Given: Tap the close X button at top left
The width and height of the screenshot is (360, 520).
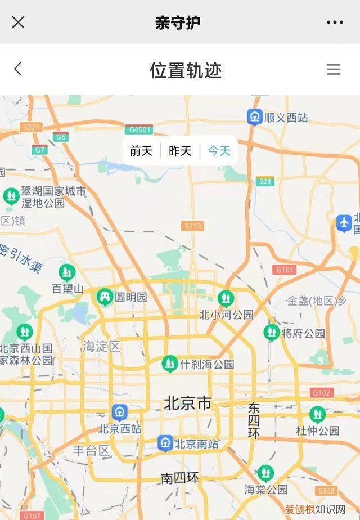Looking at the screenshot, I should point(18,23).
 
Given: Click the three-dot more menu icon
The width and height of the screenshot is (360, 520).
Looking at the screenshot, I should point(335,23).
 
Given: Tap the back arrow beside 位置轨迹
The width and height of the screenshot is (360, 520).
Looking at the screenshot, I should point(17,69).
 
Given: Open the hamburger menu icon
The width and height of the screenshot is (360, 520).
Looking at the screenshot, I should point(334,69).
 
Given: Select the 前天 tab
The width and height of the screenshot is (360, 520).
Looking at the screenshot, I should point(141,151).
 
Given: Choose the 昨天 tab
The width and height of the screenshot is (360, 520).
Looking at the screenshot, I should point(180,151).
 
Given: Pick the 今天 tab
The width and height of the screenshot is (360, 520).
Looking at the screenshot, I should point(219,151).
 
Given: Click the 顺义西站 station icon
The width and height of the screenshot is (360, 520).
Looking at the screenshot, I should point(255,117).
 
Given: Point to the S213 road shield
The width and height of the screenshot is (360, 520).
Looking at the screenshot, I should point(192,226).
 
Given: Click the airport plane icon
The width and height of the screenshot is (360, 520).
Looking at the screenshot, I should point(344,223).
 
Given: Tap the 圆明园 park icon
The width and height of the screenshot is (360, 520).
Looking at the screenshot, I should point(105,297).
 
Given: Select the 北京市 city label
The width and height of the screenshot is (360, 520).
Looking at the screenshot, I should point(188,403).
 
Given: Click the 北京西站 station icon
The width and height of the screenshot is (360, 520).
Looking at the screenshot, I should point(119,413).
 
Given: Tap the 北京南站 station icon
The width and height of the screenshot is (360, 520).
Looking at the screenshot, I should point(165,443).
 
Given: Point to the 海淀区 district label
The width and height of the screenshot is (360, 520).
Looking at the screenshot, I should point(102,346).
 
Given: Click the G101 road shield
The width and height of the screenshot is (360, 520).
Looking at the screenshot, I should point(285,270).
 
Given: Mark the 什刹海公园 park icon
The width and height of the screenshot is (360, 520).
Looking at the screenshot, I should point(170,364).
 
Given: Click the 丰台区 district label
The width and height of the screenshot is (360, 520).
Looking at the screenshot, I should point(92,450).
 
